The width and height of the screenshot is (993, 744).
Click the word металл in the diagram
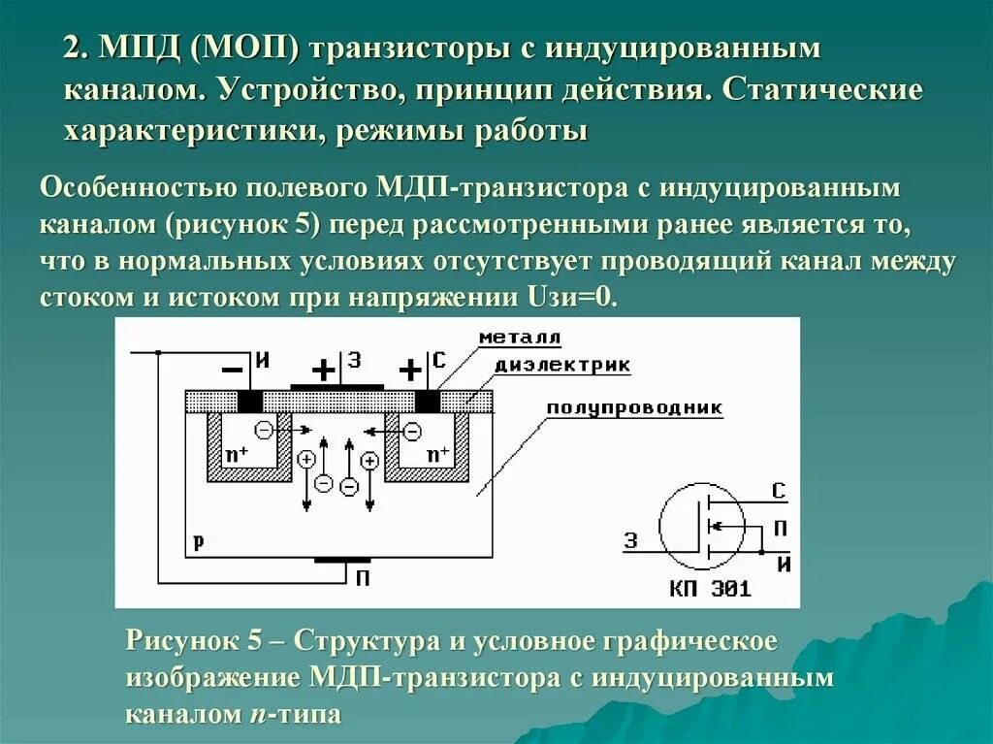pyautogui.click(x=519, y=338)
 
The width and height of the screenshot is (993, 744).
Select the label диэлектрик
pyautogui.click(x=562, y=366)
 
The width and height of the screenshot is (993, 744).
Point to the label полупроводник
pyautogui.click(x=634, y=407)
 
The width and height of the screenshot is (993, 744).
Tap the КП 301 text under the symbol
pyautogui.click(x=710, y=588)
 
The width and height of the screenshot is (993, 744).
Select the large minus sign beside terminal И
pyautogui.click(x=233, y=371)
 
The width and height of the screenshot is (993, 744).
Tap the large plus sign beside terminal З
pyautogui.click(x=323, y=371)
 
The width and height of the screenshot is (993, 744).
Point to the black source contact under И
pyautogui.click(x=250, y=401)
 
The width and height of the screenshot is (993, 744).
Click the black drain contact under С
pyautogui.click(x=427, y=401)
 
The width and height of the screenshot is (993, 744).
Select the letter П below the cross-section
pyautogui.click(x=362, y=578)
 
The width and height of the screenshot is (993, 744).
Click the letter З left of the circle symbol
pyautogui.click(x=631, y=541)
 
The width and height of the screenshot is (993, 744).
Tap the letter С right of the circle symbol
pyautogui.click(x=779, y=491)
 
